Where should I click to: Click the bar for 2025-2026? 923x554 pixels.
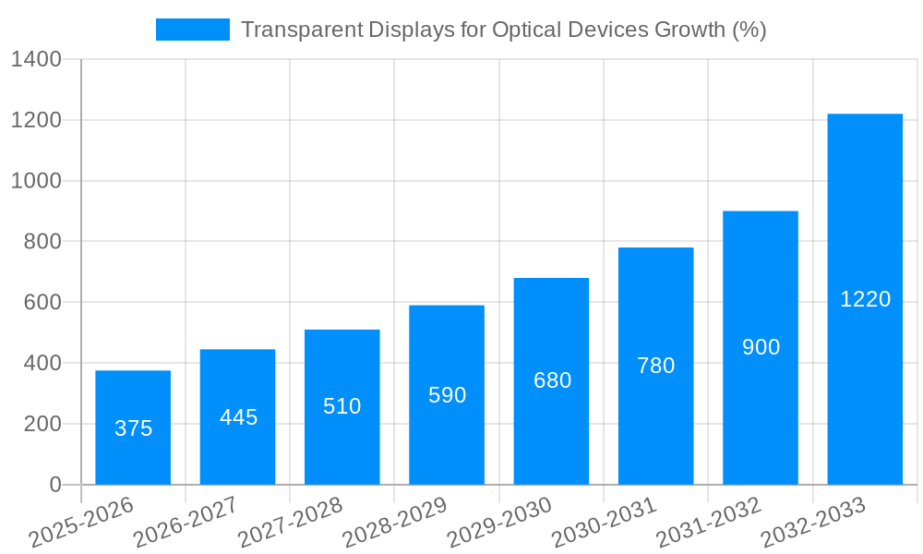pyautogui.click(x=133, y=428)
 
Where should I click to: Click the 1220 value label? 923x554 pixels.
pyautogui.click(x=865, y=299)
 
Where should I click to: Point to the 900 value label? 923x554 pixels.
pyautogui.click(x=761, y=347)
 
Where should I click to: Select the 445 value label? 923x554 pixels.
pyautogui.click(x=238, y=417)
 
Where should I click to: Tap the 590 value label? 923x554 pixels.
pyautogui.click(x=447, y=395)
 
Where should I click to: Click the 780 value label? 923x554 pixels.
pyautogui.click(x=656, y=366)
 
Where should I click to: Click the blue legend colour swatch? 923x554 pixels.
pyautogui.click(x=192, y=30)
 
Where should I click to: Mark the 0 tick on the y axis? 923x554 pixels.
pyautogui.click(x=54, y=485)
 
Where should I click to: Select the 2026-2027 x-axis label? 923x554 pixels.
pyautogui.click(x=185, y=523)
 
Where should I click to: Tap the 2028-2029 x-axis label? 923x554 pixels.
pyautogui.click(x=394, y=523)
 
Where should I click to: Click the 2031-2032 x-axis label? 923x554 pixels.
pyautogui.click(x=708, y=523)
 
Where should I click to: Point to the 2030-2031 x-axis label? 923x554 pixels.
pyautogui.click(x=604, y=523)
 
